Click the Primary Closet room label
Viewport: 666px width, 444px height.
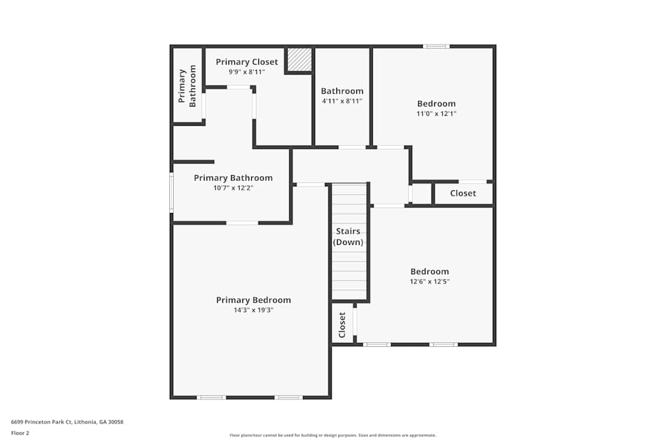246,62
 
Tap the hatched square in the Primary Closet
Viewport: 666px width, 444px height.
299,59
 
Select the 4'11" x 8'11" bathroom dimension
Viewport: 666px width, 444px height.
342,101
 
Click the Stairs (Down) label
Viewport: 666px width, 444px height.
348,237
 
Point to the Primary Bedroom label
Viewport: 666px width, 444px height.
253,300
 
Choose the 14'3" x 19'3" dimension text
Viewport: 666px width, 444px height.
253,310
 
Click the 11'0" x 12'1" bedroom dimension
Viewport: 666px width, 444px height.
436,113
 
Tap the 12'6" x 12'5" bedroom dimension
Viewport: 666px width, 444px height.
430,282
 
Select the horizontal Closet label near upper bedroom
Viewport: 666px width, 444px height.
463,193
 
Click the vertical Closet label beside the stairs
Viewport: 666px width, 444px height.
342,324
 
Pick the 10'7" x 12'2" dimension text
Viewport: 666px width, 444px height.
233,188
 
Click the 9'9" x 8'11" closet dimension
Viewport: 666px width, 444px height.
246,72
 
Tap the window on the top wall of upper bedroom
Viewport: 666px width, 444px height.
436,46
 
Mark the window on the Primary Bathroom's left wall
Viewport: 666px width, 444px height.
171,192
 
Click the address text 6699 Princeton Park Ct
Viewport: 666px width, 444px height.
67,422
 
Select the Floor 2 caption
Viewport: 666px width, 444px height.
20,433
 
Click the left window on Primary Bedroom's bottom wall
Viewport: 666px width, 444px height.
211,397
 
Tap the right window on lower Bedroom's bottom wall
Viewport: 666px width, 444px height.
444,344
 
